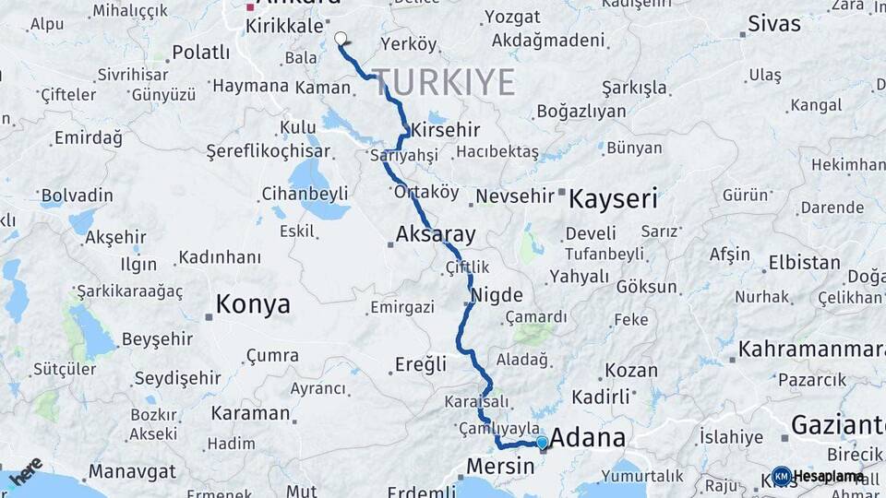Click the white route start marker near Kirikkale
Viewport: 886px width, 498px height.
(x=341, y=39)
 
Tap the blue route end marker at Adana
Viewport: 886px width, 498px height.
(x=542, y=443)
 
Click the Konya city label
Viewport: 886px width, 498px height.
(x=252, y=304)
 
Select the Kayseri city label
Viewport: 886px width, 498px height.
(x=613, y=198)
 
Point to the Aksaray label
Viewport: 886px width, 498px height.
(x=435, y=233)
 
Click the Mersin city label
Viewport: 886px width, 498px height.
(x=499, y=466)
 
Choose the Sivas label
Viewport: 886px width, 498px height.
(x=773, y=24)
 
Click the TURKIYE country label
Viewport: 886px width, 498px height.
(x=444, y=83)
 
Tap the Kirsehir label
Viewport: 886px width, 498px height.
(x=447, y=130)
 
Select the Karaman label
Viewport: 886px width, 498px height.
(x=250, y=413)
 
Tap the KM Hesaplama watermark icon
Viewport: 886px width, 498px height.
(x=781, y=476)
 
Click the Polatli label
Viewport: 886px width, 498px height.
(x=200, y=53)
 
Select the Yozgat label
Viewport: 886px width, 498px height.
(x=512, y=17)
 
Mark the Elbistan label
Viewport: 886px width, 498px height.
(x=804, y=262)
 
